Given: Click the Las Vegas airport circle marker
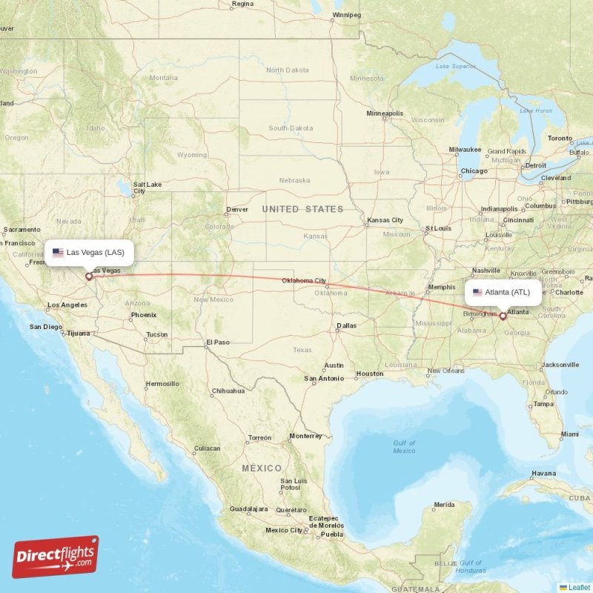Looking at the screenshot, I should point(89,276).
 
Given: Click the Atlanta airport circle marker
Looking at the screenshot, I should point(503,316).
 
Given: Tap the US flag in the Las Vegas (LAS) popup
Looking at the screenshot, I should point(58,253).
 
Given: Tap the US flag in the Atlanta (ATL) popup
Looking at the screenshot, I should point(477,292).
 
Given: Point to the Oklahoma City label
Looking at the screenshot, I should point(304,281).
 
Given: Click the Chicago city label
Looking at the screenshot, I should point(474,171).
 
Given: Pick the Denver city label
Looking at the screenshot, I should point(237,209).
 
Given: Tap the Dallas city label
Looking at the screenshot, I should point(345,325).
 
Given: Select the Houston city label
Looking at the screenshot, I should point(369,374).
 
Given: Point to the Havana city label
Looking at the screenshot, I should point(543,473).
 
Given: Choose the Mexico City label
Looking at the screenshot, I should point(284,530).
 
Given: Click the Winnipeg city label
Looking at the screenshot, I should point(346,15).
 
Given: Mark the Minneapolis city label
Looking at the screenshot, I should point(385,113).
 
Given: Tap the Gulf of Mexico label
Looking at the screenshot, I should point(404,446).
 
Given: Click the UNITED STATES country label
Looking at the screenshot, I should point(302,210).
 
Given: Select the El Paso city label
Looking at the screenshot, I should point(218,342).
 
